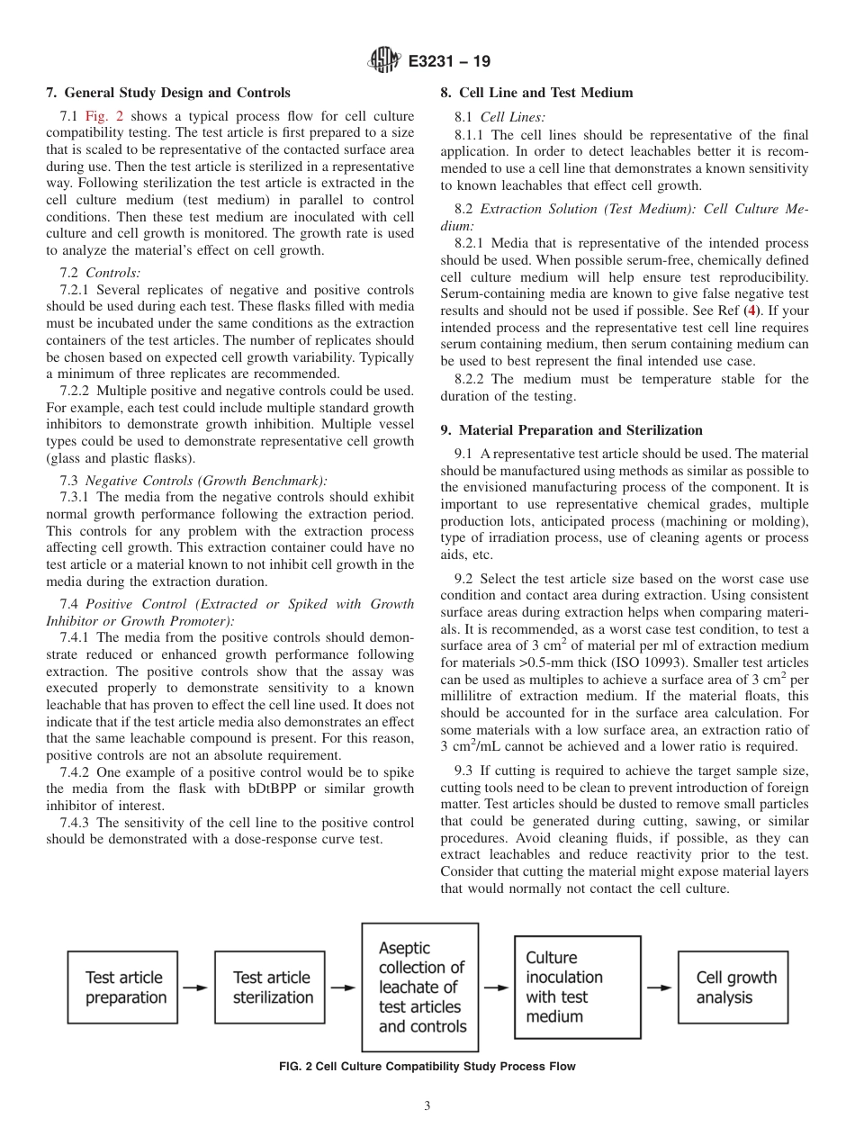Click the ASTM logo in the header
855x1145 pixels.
[x=384, y=61]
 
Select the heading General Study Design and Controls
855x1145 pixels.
[x=168, y=93]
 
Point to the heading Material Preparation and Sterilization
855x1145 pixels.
[x=571, y=430]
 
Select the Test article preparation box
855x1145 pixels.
[x=125, y=987]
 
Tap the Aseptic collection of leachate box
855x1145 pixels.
[x=419, y=987]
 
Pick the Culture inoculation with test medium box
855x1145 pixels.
[x=577, y=987]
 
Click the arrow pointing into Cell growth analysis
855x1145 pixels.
[x=659, y=987]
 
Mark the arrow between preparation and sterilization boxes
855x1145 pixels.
[x=195, y=987]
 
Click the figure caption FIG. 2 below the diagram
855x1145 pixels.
[x=427, y=1067]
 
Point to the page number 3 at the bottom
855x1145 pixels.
[x=427, y=1106]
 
